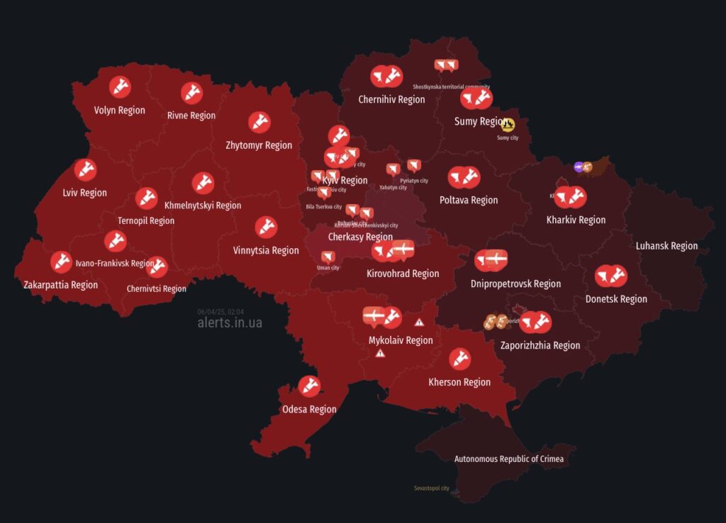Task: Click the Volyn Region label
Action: click(x=119, y=111)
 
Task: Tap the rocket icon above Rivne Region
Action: click(x=191, y=93)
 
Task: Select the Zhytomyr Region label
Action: click(x=259, y=145)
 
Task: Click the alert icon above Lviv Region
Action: click(x=85, y=170)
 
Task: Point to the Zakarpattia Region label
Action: click(x=60, y=285)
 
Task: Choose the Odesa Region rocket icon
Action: click(x=309, y=386)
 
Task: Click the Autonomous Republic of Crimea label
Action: click(x=509, y=459)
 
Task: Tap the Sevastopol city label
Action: click(x=432, y=488)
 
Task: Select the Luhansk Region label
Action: click(x=666, y=246)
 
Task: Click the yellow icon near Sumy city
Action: click(x=508, y=125)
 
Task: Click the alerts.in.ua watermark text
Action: click(x=230, y=322)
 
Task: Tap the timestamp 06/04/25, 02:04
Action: click(x=221, y=311)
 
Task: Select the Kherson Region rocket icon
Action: click(x=459, y=359)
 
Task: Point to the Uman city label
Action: click(x=328, y=268)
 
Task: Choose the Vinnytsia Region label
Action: click(x=266, y=250)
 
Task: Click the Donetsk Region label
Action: click(x=616, y=299)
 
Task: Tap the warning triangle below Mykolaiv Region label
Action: click(x=381, y=353)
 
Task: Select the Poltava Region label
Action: click(x=469, y=200)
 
